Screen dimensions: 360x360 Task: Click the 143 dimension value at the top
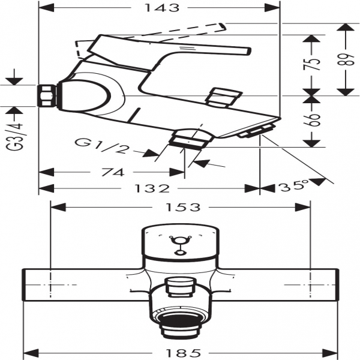click(x=161, y=8)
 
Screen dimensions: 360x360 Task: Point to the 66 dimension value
click(x=311, y=120)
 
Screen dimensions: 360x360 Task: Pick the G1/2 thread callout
click(x=101, y=146)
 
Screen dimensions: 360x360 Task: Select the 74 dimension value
click(x=113, y=172)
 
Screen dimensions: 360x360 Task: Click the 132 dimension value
click(x=152, y=188)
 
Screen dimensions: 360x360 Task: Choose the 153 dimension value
click(x=183, y=208)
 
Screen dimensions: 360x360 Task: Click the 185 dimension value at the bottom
click(x=183, y=352)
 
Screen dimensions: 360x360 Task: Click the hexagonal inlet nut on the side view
click(x=47, y=95)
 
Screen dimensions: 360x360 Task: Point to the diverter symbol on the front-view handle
click(x=179, y=245)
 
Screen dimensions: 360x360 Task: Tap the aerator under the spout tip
click(x=257, y=131)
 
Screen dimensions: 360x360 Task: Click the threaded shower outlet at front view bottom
click(x=179, y=328)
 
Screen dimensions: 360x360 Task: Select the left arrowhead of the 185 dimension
click(x=31, y=353)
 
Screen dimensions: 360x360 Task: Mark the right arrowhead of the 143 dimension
click(x=272, y=8)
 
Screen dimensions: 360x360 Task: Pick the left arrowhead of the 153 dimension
click(x=58, y=208)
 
